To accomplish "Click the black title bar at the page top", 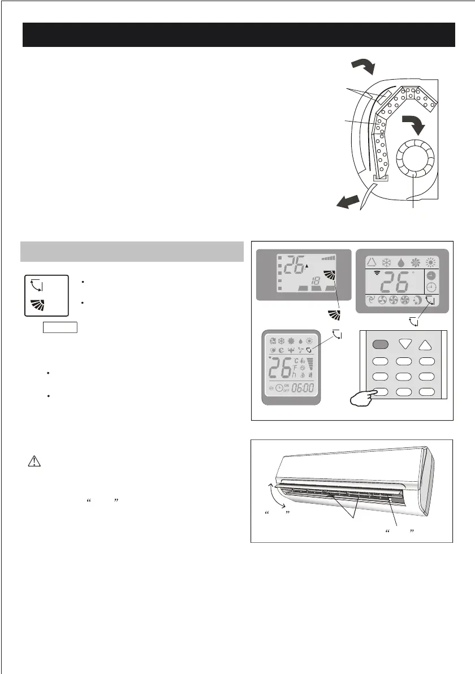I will pos(238,34).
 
